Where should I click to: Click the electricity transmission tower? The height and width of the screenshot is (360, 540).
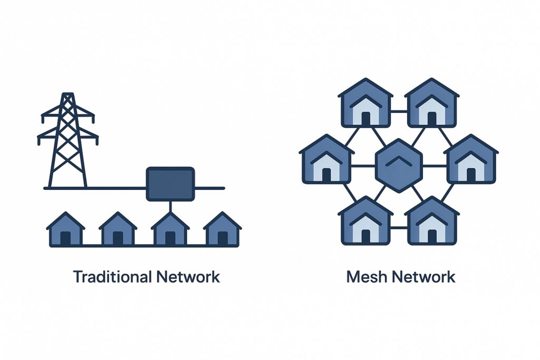click(x=67, y=142)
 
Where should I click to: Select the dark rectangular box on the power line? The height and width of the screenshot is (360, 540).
click(x=170, y=183)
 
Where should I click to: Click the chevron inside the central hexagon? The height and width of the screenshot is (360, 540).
click(x=399, y=160)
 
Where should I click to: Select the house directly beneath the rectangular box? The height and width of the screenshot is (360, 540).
click(x=170, y=230)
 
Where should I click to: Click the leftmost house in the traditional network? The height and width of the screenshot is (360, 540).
click(x=65, y=230)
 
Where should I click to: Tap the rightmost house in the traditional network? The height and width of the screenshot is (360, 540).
click(x=223, y=230)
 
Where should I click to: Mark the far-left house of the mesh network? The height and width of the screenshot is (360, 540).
click(x=326, y=159)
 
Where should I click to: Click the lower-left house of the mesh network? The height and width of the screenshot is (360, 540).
click(x=365, y=221)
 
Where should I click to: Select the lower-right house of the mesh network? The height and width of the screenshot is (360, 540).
click(x=432, y=221)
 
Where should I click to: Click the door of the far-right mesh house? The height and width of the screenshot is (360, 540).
click(x=471, y=174)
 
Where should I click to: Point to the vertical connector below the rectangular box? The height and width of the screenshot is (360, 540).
click(x=170, y=207)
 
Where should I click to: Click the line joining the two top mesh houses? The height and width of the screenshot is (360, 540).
click(x=399, y=111)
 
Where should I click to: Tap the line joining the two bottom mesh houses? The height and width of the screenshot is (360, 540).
click(x=399, y=228)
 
